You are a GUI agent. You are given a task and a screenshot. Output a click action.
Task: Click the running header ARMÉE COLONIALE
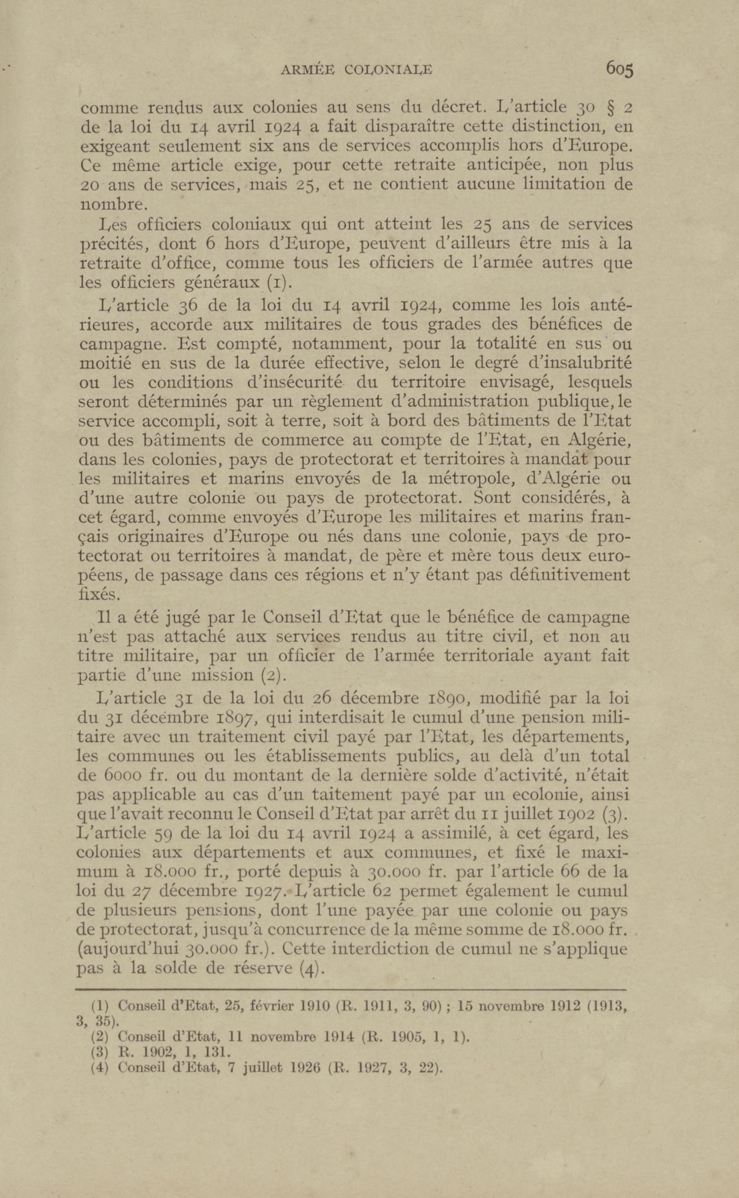tap(357, 70)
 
